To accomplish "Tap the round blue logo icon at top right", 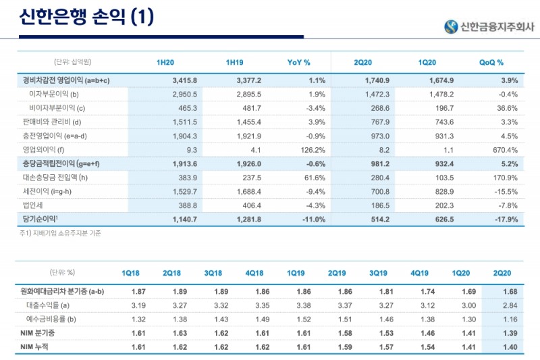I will tap(451, 27).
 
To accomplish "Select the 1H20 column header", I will tap(165, 63).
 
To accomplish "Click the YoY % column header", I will tap(298, 63).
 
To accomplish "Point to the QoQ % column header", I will tap(491, 63).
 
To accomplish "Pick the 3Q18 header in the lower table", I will tap(213, 273).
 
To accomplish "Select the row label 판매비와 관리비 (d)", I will tap(51, 122).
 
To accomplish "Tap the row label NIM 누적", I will tap(38, 346).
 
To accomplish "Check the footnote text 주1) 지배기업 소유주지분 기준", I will tap(60, 233).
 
